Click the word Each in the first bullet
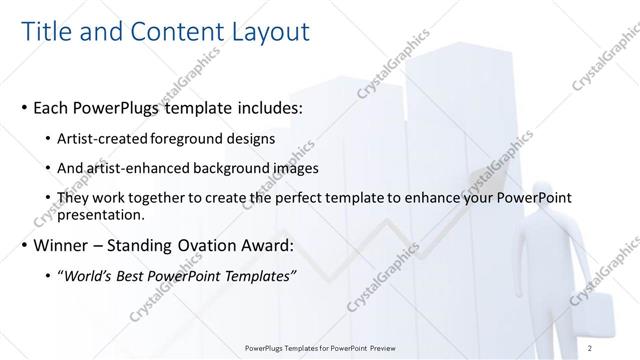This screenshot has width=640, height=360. [51, 107]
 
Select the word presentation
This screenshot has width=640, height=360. [102, 214]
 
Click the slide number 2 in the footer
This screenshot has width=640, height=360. [591, 347]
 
